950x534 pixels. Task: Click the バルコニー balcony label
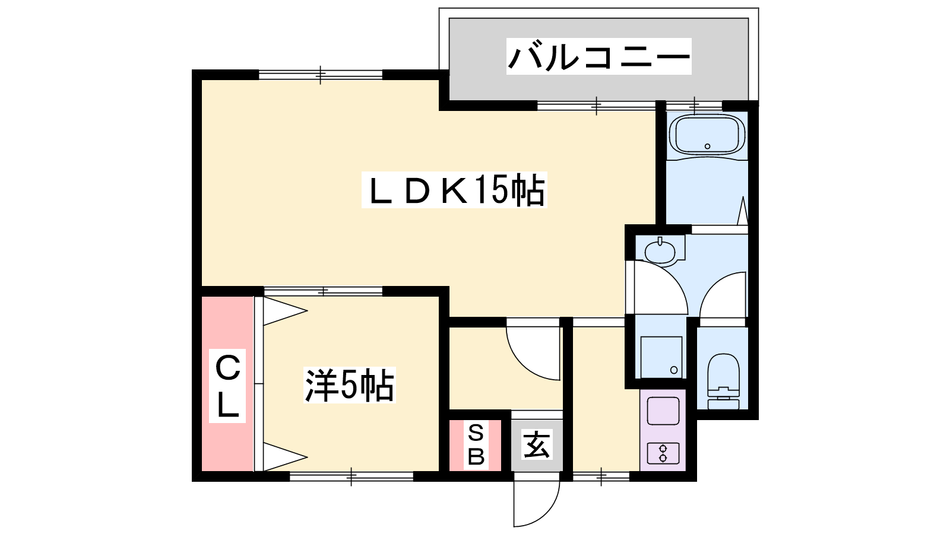(599, 56)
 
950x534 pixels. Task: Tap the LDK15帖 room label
(454, 190)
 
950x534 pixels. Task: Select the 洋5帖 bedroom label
(350, 385)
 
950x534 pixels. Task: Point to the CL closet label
(227, 386)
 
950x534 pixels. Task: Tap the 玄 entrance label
(537, 444)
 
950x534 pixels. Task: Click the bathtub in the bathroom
(707, 135)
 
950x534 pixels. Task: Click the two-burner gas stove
(663, 453)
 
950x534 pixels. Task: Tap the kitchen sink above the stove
(663, 411)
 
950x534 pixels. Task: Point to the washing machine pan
(661, 357)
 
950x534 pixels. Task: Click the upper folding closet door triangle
(285, 311)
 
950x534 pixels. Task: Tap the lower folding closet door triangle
(285, 457)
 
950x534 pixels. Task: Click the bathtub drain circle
(707, 146)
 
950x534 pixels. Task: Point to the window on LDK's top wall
(321, 75)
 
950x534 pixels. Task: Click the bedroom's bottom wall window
(351, 476)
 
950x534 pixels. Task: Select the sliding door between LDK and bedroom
(323, 291)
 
